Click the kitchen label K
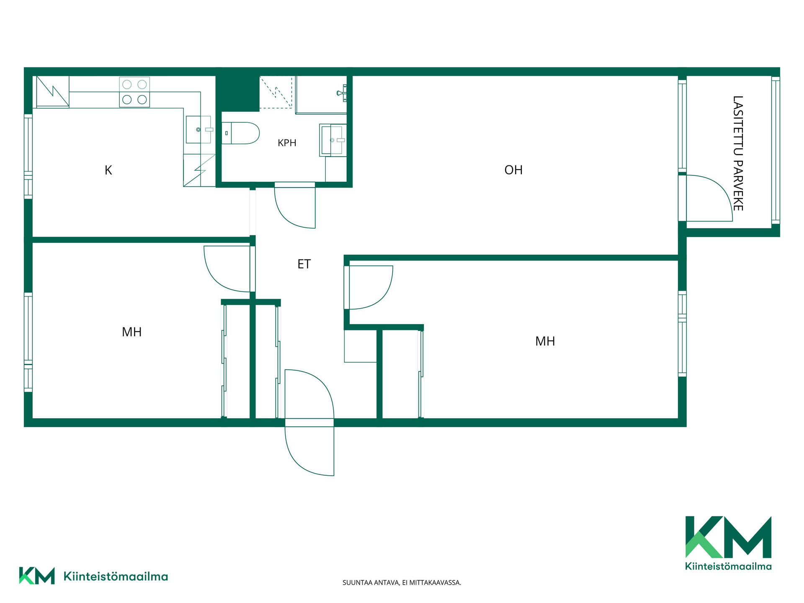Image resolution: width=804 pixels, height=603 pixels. pyautogui.click(x=108, y=170)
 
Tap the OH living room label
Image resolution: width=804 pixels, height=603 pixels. pyautogui.click(x=513, y=170)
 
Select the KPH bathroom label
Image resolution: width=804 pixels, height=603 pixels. pyautogui.click(x=287, y=143)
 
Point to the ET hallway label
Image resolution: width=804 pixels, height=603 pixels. pyautogui.click(x=304, y=264)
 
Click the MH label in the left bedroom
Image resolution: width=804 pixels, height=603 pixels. pyautogui.click(x=131, y=332)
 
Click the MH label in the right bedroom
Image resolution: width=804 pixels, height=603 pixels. pyautogui.click(x=545, y=341)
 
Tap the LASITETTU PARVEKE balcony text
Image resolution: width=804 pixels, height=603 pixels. pyautogui.click(x=738, y=153)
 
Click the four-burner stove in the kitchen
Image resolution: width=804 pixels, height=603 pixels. pyautogui.click(x=134, y=92)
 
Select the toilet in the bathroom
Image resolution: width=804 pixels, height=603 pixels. pyautogui.click(x=240, y=133)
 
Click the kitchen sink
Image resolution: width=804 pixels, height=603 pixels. pyautogui.click(x=198, y=130)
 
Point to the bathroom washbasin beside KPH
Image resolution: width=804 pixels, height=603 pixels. pyautogui.click(x=333, y=140)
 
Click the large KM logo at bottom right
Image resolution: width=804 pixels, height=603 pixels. pyautogui.click(x=728, y=543)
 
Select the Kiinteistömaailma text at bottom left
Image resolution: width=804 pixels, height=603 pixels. pyautogui.click(x=116, y=577)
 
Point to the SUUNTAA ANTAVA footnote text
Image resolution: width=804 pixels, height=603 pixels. pyautogui.click(x=402, y=582)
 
